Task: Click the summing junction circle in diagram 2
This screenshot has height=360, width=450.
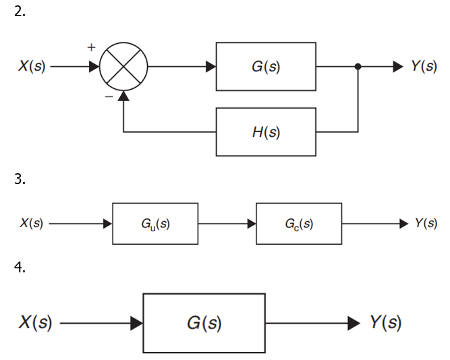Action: click(123, 67)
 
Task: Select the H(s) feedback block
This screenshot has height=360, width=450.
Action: click(266, 132)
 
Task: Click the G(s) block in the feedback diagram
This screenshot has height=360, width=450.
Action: click(266, 67)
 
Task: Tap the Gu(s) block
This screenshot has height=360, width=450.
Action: click(155, 224)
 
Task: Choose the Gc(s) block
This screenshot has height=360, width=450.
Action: click(298, 224)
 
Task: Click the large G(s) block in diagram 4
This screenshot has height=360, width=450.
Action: click(204, 324)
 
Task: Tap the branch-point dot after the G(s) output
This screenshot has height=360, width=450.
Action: click(358, 67)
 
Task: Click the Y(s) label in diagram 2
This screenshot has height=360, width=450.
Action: click(424, 67)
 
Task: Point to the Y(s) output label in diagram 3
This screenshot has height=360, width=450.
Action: click(425, 224)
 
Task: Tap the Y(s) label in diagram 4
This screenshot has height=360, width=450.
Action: click(385, 324)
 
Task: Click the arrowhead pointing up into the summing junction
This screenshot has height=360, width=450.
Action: click(123, 97)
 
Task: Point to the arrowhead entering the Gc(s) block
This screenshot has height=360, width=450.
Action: click(251, 224)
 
